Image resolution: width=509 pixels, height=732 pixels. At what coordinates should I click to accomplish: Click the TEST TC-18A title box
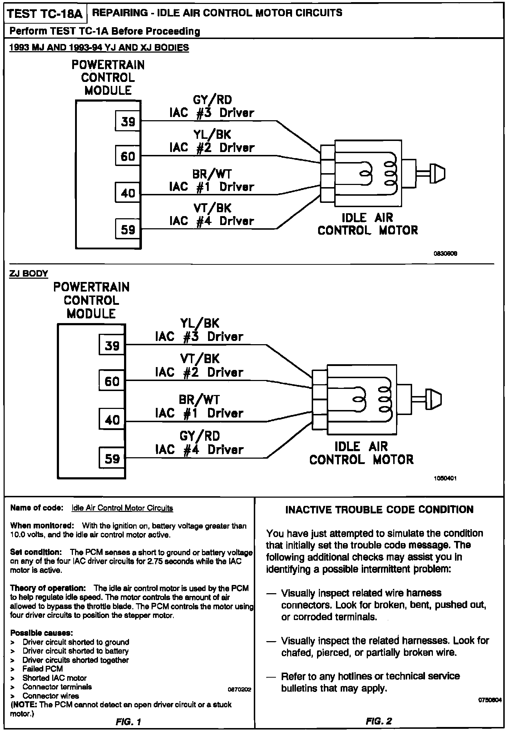(45, 14)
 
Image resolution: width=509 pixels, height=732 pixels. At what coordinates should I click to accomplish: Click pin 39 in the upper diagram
(128, 122)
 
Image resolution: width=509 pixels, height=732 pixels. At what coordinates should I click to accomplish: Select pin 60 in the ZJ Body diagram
(112, 381)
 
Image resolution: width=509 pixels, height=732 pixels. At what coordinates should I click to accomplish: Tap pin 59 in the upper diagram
(128, 229)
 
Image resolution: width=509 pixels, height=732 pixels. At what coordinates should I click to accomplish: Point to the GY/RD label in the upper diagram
(212, 100)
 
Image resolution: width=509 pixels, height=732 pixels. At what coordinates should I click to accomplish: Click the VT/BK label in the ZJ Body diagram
(200, 359)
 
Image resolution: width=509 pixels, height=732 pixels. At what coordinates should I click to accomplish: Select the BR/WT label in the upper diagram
(212, 174)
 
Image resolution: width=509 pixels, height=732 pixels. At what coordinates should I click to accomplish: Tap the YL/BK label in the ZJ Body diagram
(200, 323)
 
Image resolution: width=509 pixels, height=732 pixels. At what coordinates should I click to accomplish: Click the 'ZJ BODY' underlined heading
(28, 274)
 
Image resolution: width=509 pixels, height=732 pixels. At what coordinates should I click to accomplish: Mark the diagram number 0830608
(445, 254)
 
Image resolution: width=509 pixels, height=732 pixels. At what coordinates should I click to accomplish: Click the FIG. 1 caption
(129, 722)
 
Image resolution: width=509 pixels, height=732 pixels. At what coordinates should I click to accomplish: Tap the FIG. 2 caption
(379, 721)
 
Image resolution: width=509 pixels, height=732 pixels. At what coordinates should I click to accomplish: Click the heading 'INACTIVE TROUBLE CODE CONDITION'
(379, 510)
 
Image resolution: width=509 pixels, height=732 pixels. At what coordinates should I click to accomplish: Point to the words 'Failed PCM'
(43, 669)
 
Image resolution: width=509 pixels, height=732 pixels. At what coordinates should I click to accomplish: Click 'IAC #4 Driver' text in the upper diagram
(212, 221)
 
